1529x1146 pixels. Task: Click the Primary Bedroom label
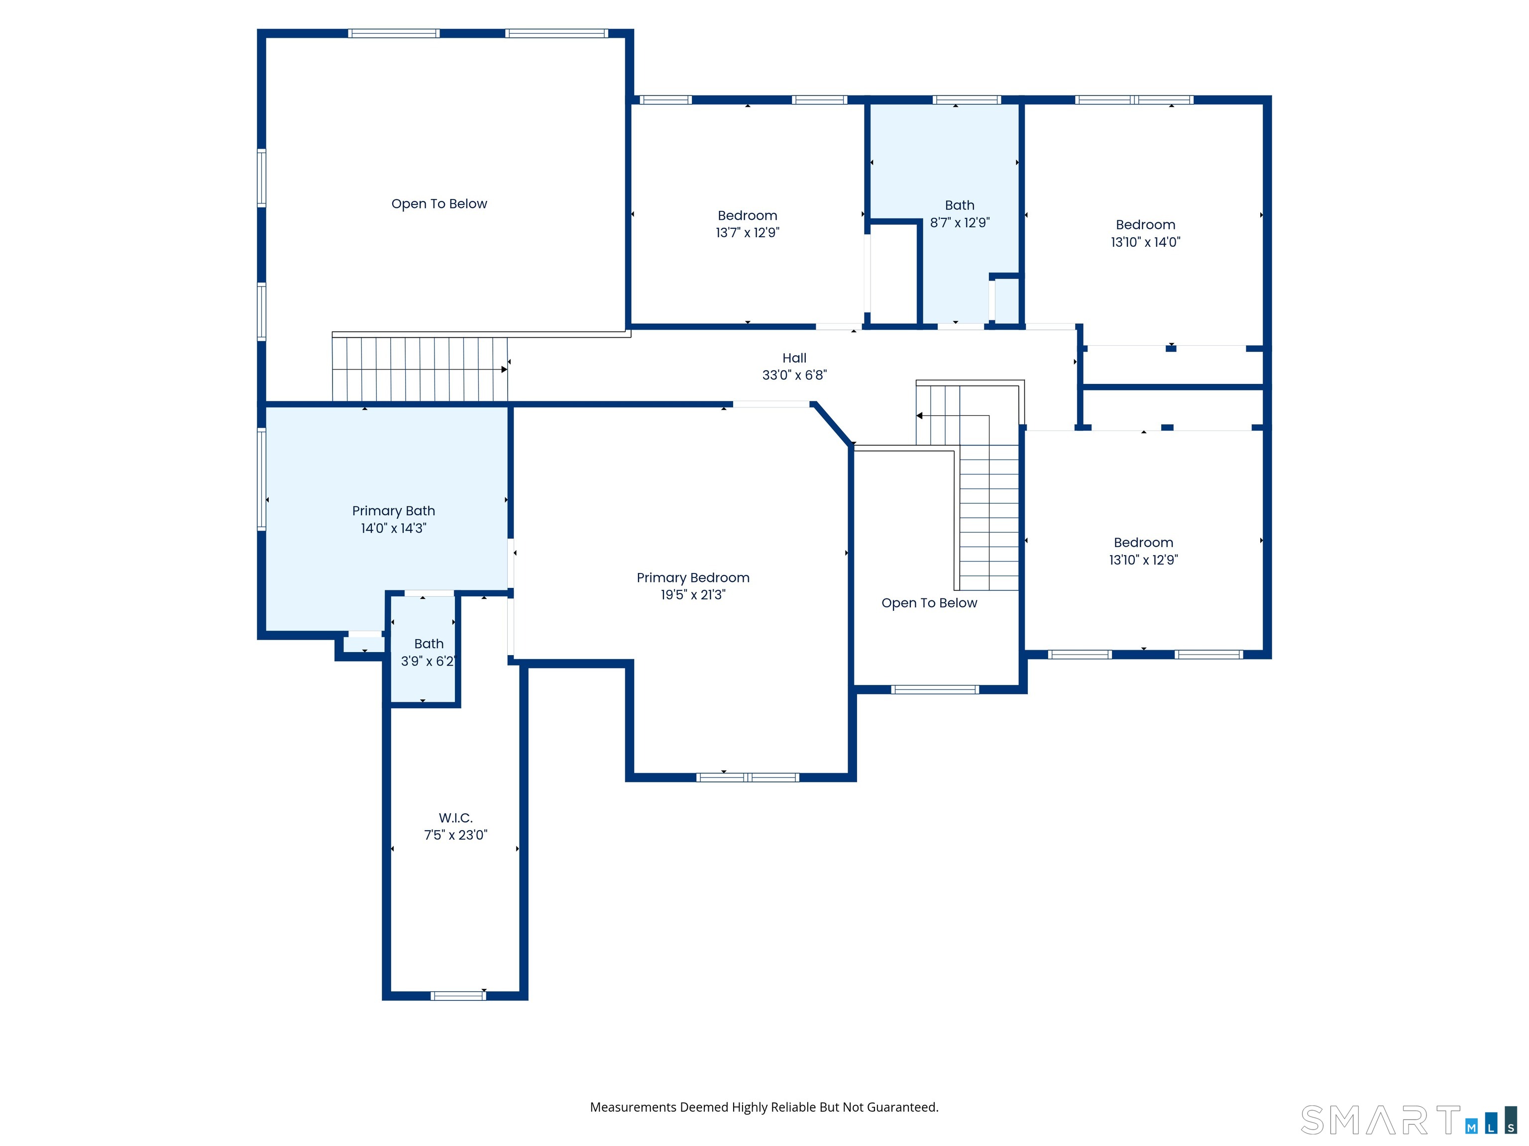pyautogui.click(x=693, y=578)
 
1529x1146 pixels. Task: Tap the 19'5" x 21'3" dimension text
pyautogui.click(x=693, y=595)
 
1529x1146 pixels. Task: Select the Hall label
pyautogui.click(x=794, y=358)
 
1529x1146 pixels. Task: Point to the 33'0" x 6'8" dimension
pyautogui.click(x=794, y=375)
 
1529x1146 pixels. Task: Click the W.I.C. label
pyautogui.click(x=455, y=818)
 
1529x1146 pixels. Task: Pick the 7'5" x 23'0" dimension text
pyautogui.click(x=455, y=835)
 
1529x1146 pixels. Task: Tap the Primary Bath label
pyautogui.click(x=393, y=511)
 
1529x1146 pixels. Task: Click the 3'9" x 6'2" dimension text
pyautogui.click(x=428, y=661)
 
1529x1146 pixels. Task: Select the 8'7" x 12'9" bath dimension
pyautogui.click(x=960, y=222)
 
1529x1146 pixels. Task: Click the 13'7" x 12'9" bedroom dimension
pyautogui.click(x=747, y=233)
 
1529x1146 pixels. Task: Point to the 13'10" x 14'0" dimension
pyautogui.click(x=1145, y=242)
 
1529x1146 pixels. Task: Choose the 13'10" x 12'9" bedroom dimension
pyautogui.click(x=1143, y=560)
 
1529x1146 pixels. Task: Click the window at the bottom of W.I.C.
pyautogui.click(x=458, y=995)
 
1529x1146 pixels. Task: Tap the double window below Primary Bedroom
pyautogui.click(x=748, y=777)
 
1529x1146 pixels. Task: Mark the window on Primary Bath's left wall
pyautogui.click(x=261, y=479)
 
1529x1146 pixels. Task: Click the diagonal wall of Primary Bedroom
pyautogui.click(x=832, y=424)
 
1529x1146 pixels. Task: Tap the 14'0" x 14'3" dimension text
pyautogui.click(x=393, y=528)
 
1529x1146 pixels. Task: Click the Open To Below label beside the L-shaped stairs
pyautogui.click(x=929, y=603)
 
